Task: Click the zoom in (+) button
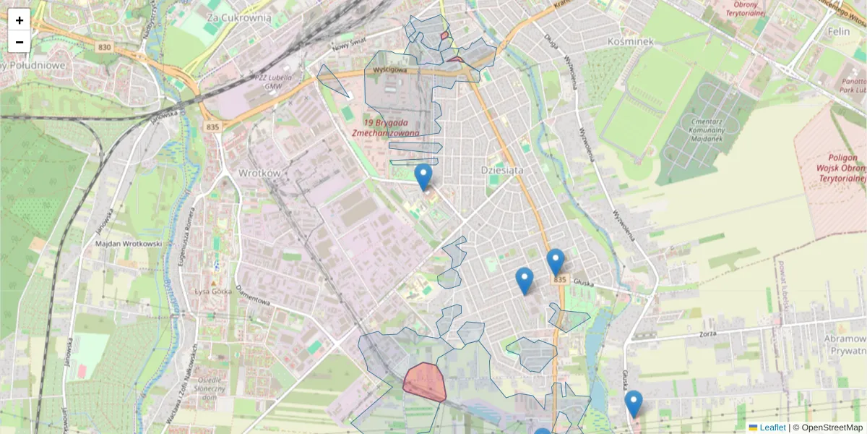(20, 20)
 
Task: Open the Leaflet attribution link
(772, 427)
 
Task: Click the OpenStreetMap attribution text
(832, 427)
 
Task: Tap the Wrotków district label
(259, 174)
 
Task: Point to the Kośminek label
(631, 41)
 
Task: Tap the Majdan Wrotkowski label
(129, 244)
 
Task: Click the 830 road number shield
(105, 47)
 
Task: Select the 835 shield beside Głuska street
(558, 279)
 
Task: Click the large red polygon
(424, 381)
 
